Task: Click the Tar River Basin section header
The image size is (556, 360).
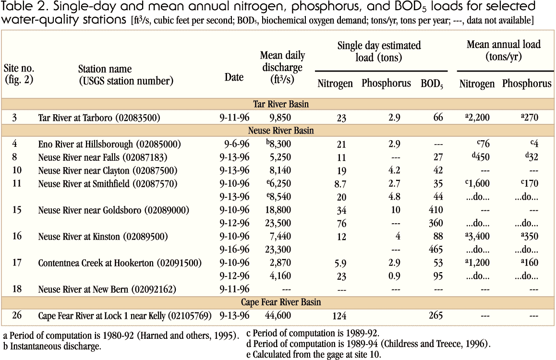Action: point(281,104)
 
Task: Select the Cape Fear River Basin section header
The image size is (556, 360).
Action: point(281,302)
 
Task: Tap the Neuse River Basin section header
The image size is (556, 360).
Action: point(281,131)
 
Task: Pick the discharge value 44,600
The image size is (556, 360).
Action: point(278,316)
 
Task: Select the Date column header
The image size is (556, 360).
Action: point(234,77)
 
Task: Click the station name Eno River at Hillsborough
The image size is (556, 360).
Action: point(103,144)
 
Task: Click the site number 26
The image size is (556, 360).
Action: point(14,316)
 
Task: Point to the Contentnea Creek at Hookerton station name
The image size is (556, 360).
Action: point(120,263)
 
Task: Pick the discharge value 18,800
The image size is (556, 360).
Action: point(278,210)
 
